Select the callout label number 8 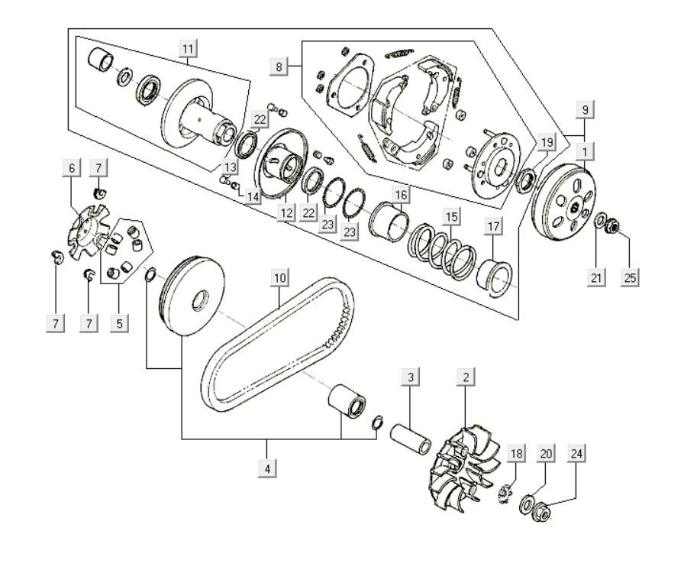(x=279, y=67)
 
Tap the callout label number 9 (x=584, y=110)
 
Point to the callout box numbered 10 (x=279, y=277)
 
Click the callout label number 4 (x=267, y=468)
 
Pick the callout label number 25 (x=630, y=278)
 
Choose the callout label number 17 (x=493, y=226)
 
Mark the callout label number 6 (x=73, y=168)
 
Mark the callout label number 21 (x=596, y=278)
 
